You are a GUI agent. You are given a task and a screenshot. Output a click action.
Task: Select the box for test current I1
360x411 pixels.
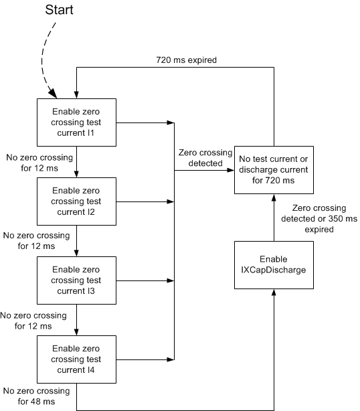point(77,123)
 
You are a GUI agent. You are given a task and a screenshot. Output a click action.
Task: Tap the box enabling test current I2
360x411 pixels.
point(77,200)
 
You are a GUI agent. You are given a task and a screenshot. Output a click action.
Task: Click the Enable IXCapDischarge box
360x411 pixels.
point(274,266)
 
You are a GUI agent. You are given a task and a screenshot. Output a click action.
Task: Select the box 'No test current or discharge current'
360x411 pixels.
point(274,170)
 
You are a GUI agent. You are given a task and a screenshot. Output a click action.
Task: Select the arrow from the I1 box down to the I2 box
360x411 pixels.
point(77,161)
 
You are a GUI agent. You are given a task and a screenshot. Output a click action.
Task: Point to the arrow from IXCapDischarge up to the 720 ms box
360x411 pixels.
point(274,218)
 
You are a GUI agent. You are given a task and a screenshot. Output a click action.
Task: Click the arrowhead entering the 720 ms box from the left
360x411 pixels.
point(230,170)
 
